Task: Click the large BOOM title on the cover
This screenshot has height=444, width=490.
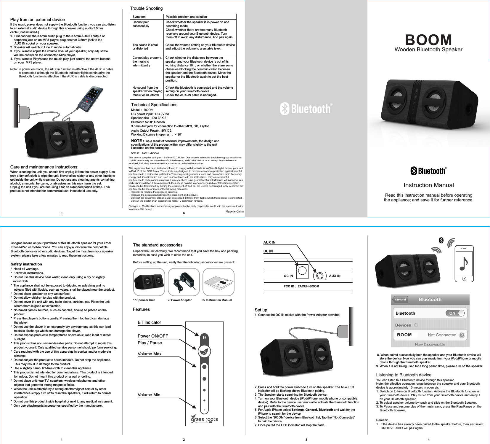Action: (x=428, y=40)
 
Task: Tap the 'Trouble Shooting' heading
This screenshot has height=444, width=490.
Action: (x=146, y=8)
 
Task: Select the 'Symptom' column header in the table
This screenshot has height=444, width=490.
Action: (x=139, y=17)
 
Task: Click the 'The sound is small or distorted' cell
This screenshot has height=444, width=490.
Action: (x=145, y=47)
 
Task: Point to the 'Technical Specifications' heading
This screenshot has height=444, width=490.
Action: (x=154, y=105)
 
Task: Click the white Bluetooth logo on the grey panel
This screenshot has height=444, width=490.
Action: (x=306, y=109)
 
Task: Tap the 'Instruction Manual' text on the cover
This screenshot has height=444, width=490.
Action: (x=428, y=185)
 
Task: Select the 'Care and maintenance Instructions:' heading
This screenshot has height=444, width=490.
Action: (x=44, y=167)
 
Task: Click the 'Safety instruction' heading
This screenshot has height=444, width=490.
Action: (x=26, y=264)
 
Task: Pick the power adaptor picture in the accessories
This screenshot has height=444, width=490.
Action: (x=184, y=282)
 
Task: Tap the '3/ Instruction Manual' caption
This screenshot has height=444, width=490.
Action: (x=217, y=300)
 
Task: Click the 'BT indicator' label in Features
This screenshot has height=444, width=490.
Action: (x=149, y=322)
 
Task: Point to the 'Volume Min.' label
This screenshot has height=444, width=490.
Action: (x=150, y=395)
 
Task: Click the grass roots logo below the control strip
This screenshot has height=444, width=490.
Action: (x=204, y=419)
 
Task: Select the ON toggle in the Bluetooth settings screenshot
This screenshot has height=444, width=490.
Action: (x=455, y=313)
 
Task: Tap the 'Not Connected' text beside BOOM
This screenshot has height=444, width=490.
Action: (x=442, y=335)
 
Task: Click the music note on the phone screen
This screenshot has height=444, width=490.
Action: (x=464, y=264)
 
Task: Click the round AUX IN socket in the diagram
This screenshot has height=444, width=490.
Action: (x=319, y=276)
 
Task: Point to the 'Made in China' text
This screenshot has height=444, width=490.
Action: (x=234, y=211)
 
